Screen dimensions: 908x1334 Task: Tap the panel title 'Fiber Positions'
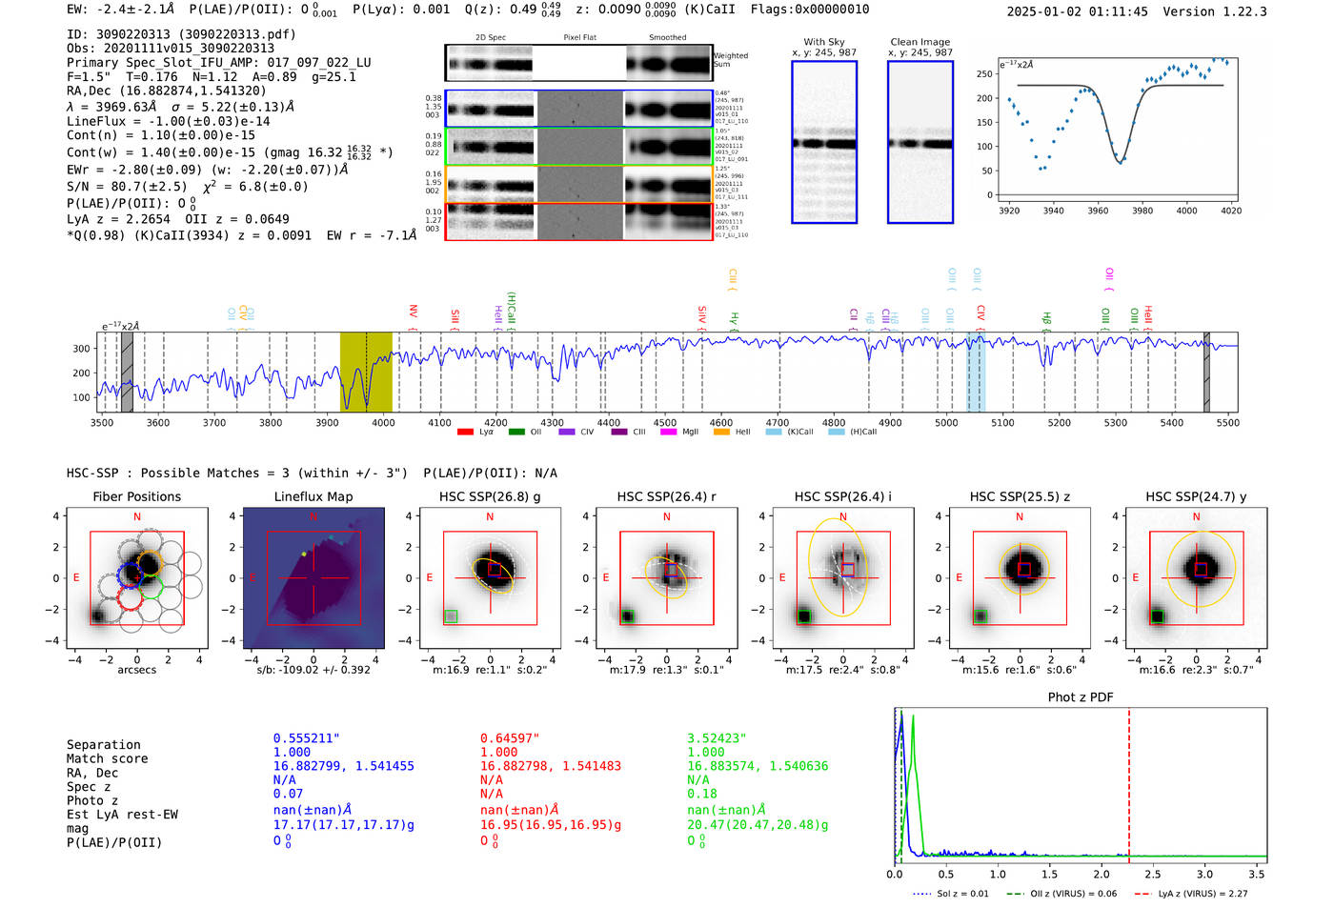136,496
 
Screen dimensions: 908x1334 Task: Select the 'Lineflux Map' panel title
313,496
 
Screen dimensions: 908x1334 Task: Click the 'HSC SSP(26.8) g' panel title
490,496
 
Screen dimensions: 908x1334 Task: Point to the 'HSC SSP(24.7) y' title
1196,496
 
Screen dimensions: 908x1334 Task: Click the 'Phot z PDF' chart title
1081,697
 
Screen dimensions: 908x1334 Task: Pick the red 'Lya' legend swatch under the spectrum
465,433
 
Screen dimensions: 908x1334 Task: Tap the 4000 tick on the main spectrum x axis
383,423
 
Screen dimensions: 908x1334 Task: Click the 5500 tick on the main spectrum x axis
1227,423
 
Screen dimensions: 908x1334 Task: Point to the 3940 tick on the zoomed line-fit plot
1053,211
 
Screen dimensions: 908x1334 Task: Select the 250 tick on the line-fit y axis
984,73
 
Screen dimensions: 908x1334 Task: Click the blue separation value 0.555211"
306,738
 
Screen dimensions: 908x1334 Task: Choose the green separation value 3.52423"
717,738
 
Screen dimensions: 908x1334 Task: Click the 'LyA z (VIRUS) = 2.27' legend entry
1203,894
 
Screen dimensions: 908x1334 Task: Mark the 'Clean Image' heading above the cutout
920,42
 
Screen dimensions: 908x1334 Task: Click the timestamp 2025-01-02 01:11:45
1077,11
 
